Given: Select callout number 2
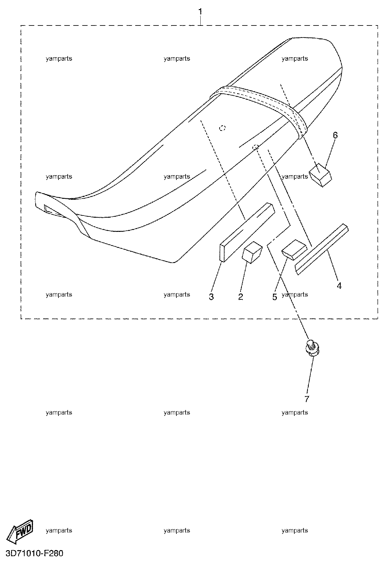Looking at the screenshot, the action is click(x=241, y=296).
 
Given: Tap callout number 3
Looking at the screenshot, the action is click(x=211, y=296).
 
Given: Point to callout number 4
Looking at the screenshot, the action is click(x=339, y=286).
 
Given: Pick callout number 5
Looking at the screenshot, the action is click(x=275, y=297).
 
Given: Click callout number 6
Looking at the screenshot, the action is click(x=335, y=135).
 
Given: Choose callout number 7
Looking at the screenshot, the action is click(x=307, y=399).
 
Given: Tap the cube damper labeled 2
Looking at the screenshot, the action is click(x=252, y=252).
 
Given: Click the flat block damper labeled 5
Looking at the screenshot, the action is click(x=294, y=250).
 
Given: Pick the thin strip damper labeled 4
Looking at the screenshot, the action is click(x=322, y=249).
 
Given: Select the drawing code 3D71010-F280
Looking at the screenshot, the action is click(x=34, y=553).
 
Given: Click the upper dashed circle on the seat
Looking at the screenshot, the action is click(x=223, y=128).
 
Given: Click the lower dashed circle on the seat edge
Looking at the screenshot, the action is click(x=256, y=147).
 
